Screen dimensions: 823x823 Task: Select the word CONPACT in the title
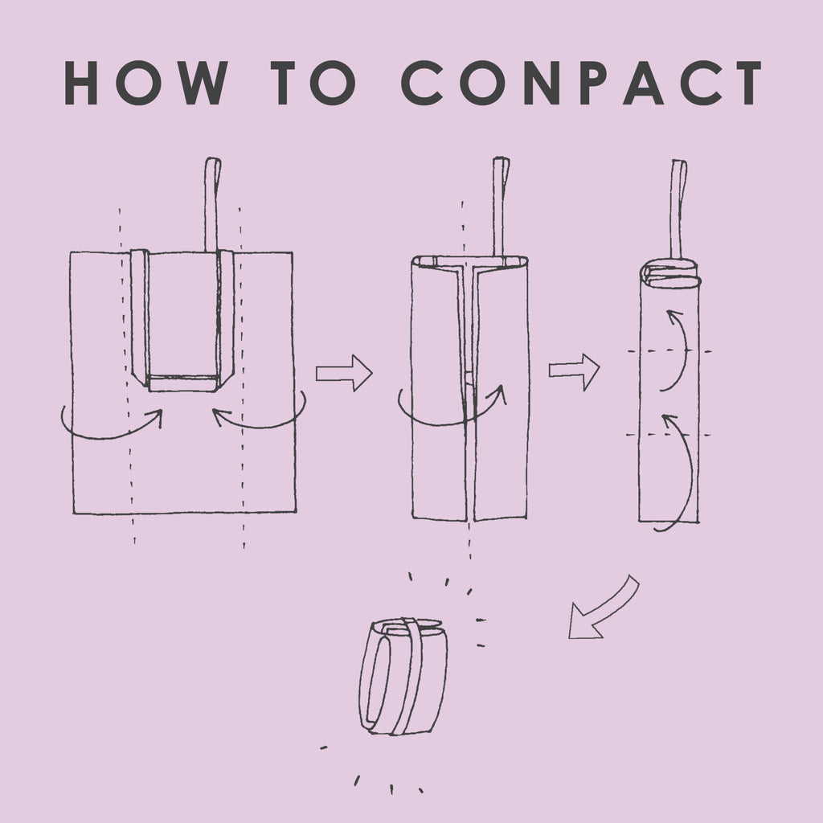(x=582, y=83)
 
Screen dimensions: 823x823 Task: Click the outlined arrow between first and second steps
(x=344, y=373)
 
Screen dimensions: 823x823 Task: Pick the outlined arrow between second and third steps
(x=574, y=371)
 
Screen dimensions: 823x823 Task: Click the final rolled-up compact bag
(x=403, y=676)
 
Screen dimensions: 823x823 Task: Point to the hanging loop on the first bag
(x=211, y=205)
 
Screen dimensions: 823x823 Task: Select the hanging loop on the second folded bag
(x=501, y=207)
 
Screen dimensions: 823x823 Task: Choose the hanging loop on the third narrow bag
(x=678, y=209)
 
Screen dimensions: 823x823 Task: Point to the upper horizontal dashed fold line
(x=669, y=351)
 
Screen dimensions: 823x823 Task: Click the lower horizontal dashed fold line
(x=668, y=435)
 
